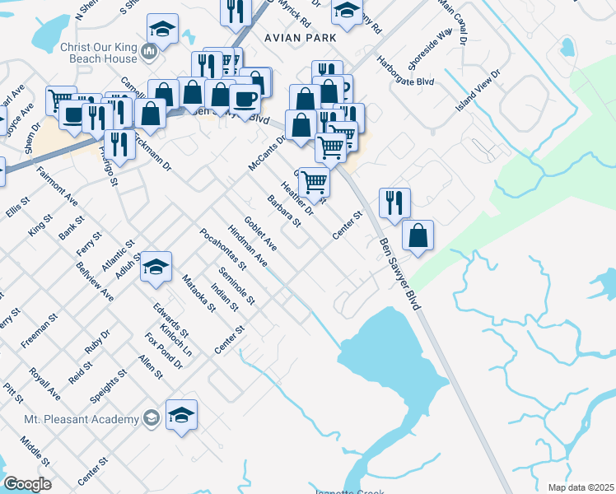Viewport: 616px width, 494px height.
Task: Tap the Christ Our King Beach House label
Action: coord(98,54)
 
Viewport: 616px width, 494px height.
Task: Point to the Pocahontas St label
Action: coord(222,249)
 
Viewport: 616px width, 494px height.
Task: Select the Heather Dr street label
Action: coord(297,198)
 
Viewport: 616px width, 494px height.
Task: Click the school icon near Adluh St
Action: coord(155,267)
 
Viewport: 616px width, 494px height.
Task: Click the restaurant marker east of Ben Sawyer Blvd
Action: coord(394,202)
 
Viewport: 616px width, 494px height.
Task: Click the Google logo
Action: coord(26,484)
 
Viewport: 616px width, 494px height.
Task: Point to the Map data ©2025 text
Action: coord(581,487)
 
